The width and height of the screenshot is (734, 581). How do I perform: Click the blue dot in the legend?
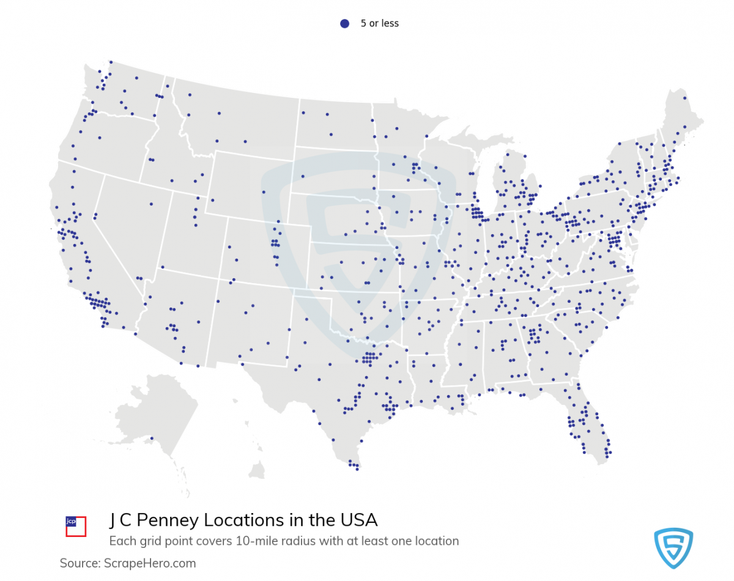pyautogui.click(x=344, y=23)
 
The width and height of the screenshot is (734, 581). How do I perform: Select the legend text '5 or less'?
pyautogui.click(x=379, y=23)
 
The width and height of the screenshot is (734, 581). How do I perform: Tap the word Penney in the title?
pyautogui.click(x=168, y=520)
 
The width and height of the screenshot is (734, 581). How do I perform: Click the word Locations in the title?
pyautogui.click(x=242, y=520)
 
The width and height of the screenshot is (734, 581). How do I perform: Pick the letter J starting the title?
pyautogui.click(x=113, y=520)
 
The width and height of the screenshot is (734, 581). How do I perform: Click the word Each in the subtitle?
pyautogui.click(x=120, y=541)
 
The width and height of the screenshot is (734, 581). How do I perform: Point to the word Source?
pyautogui.click(x=80, y=563)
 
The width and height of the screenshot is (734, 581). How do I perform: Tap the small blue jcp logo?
pyautogui.click(x=70, y=522)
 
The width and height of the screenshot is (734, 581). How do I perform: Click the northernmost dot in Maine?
pyautogui.click(x=684, y=98)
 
